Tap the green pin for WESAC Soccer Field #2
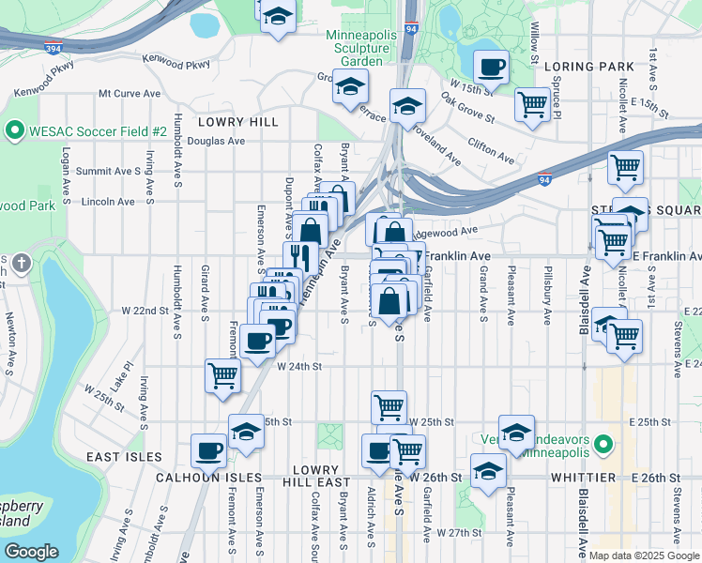pyautogui.click(x=15, y=130)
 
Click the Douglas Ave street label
pyautogui.click(x=216, y=141)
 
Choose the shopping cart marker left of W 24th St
pyautogui.click(x=223, y=375)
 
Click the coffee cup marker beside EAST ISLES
pyautogui.click(x=209, y=450)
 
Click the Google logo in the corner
pyautogui.click(x=32, y=552)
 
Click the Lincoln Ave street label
pyautogui.click(x=108, y=202)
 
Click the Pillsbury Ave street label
pyautogui.click(x=545, y=296)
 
